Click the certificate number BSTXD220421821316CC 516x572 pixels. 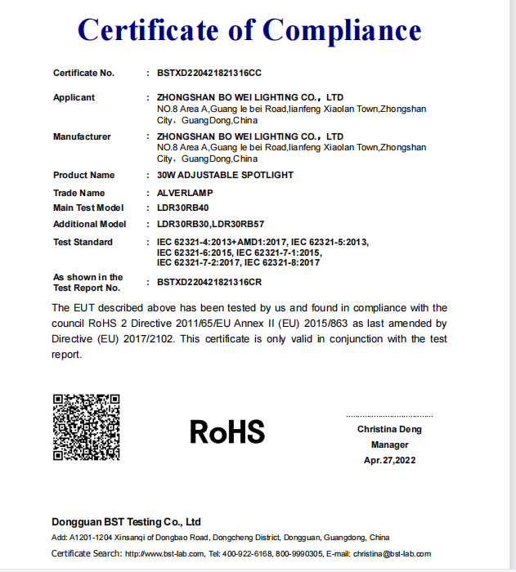(209, 74)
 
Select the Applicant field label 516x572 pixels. (74, 98)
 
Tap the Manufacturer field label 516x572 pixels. (82, 136)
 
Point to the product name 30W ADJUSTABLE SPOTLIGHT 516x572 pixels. (225, 175)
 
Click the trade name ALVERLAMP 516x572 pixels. (185, 193)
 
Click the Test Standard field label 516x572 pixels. (83, 242)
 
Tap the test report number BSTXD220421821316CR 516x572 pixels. (209, 282)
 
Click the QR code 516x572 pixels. (87, 427)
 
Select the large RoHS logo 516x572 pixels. (227, 431)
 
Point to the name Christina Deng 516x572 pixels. (389, 429)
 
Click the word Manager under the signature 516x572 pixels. (389, 445)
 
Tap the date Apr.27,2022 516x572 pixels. (390, 460)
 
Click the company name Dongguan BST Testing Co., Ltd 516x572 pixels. (126, 521)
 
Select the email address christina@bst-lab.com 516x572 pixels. (392, 554)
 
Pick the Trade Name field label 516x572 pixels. (79, 193)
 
